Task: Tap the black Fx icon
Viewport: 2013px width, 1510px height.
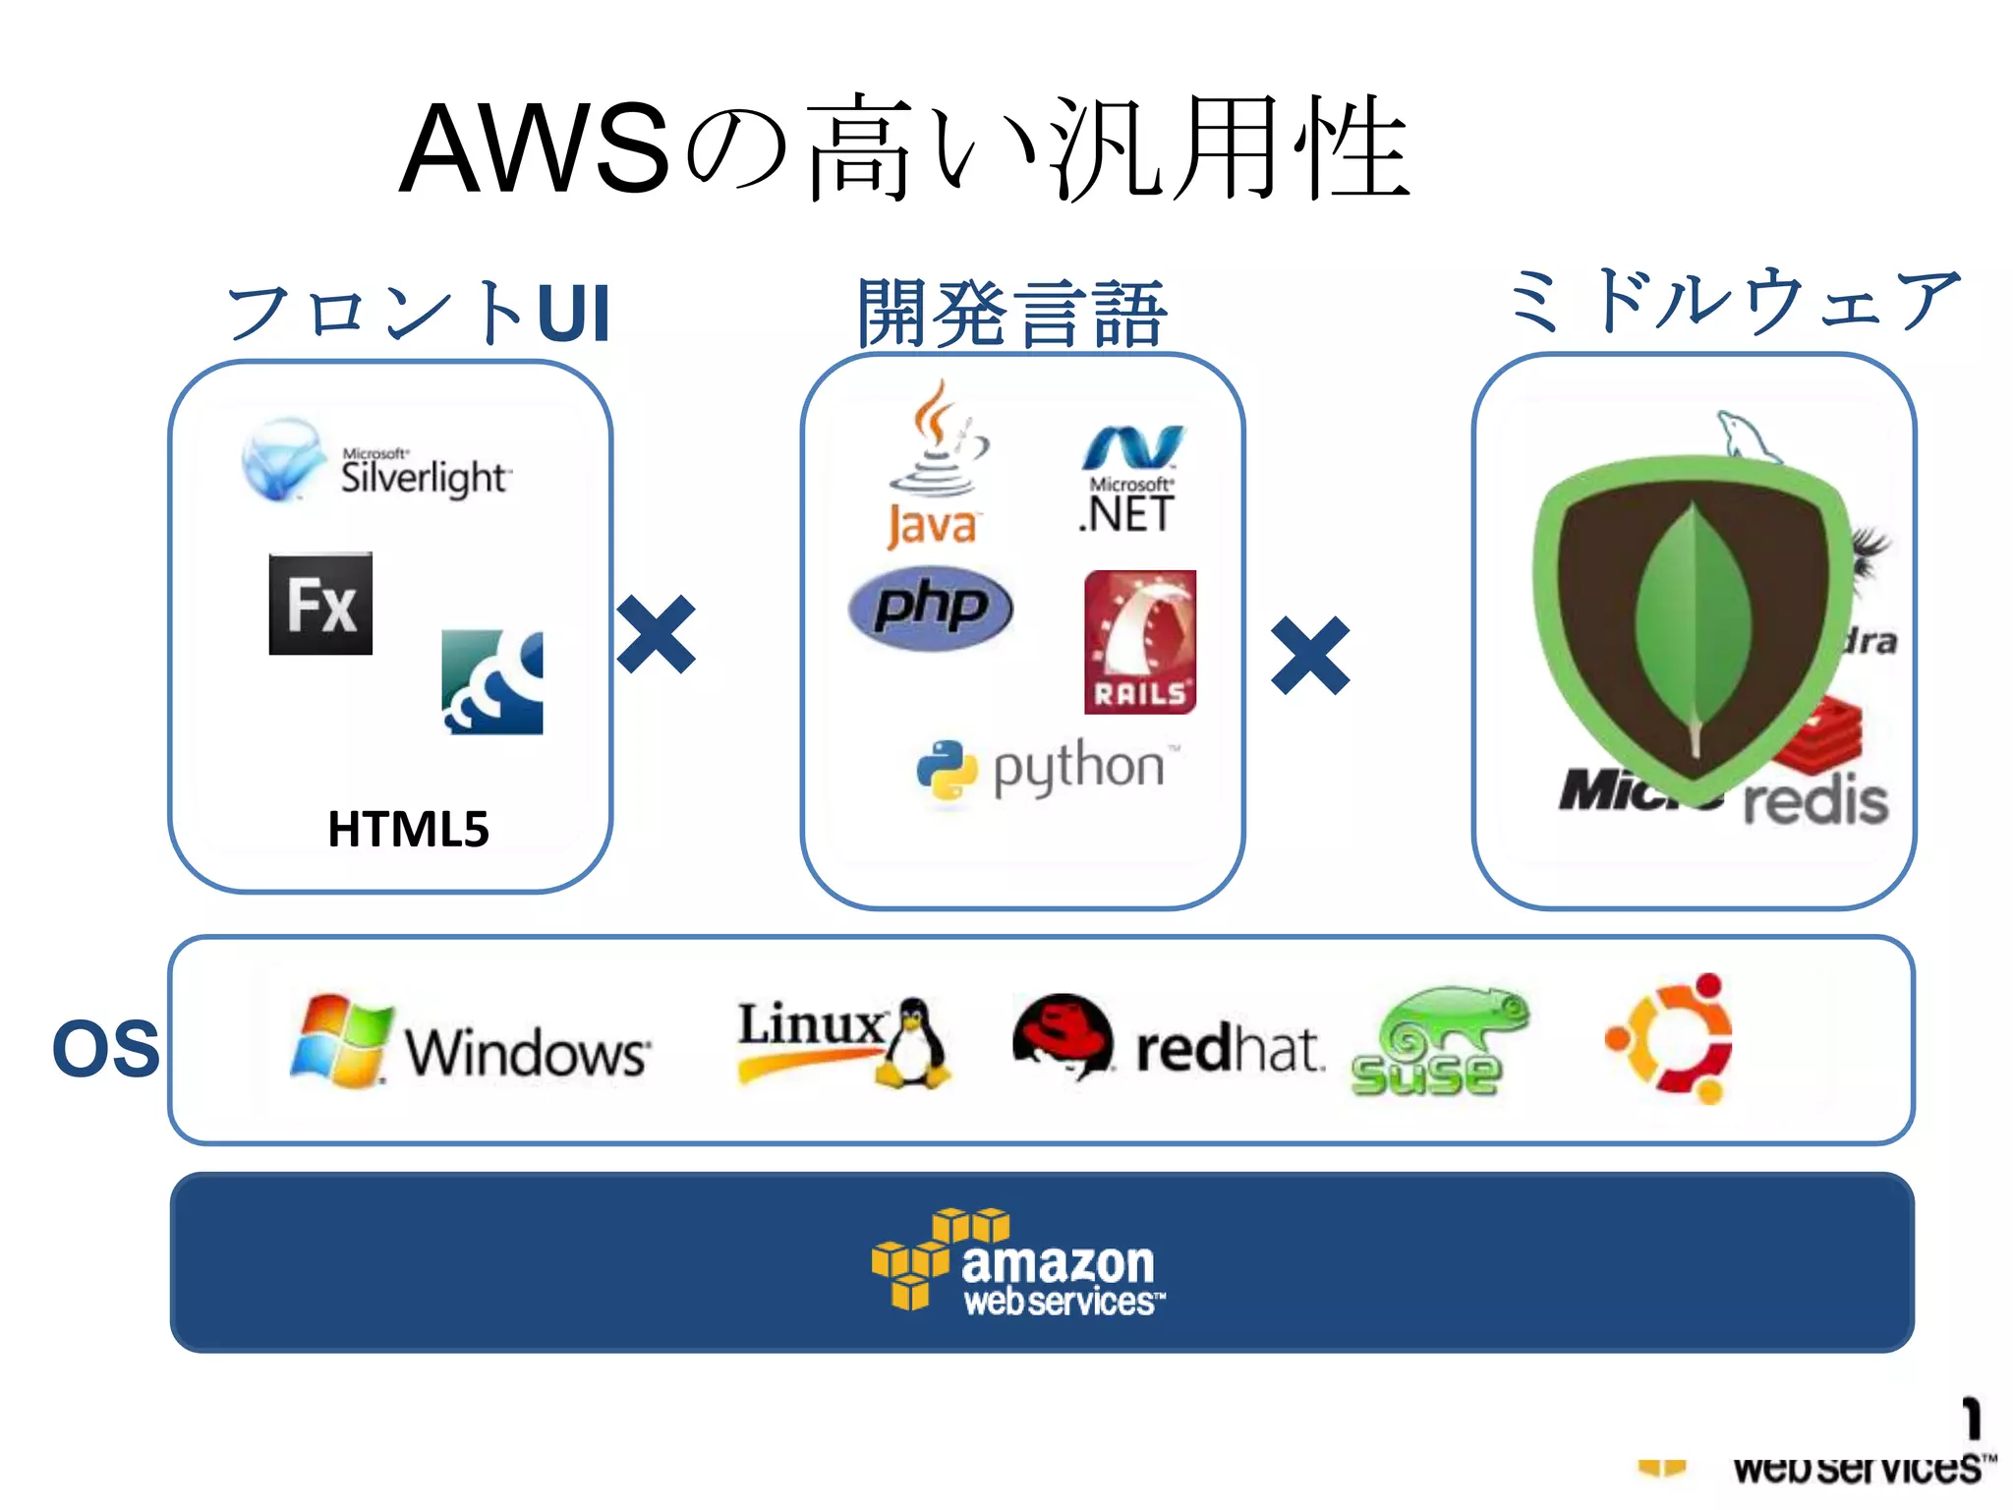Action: [x=320, y=604]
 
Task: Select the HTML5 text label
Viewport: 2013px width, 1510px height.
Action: [x=408, y=829]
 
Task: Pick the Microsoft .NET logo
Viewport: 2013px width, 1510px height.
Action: [x=1131, y=481]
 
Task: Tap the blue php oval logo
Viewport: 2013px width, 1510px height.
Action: [x=930, y=608]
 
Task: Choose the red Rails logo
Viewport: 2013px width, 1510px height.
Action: [x=1140, y=642]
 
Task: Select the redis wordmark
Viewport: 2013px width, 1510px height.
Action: [x=1815, y=801]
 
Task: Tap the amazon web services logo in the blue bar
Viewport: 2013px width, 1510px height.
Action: [x=1018, y=1261]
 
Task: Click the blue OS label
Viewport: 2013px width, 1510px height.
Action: [x=105, y=1048]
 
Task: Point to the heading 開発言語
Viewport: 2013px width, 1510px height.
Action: [x=1012, y=313]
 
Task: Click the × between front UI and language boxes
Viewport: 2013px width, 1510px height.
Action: [x=657, y=634]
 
